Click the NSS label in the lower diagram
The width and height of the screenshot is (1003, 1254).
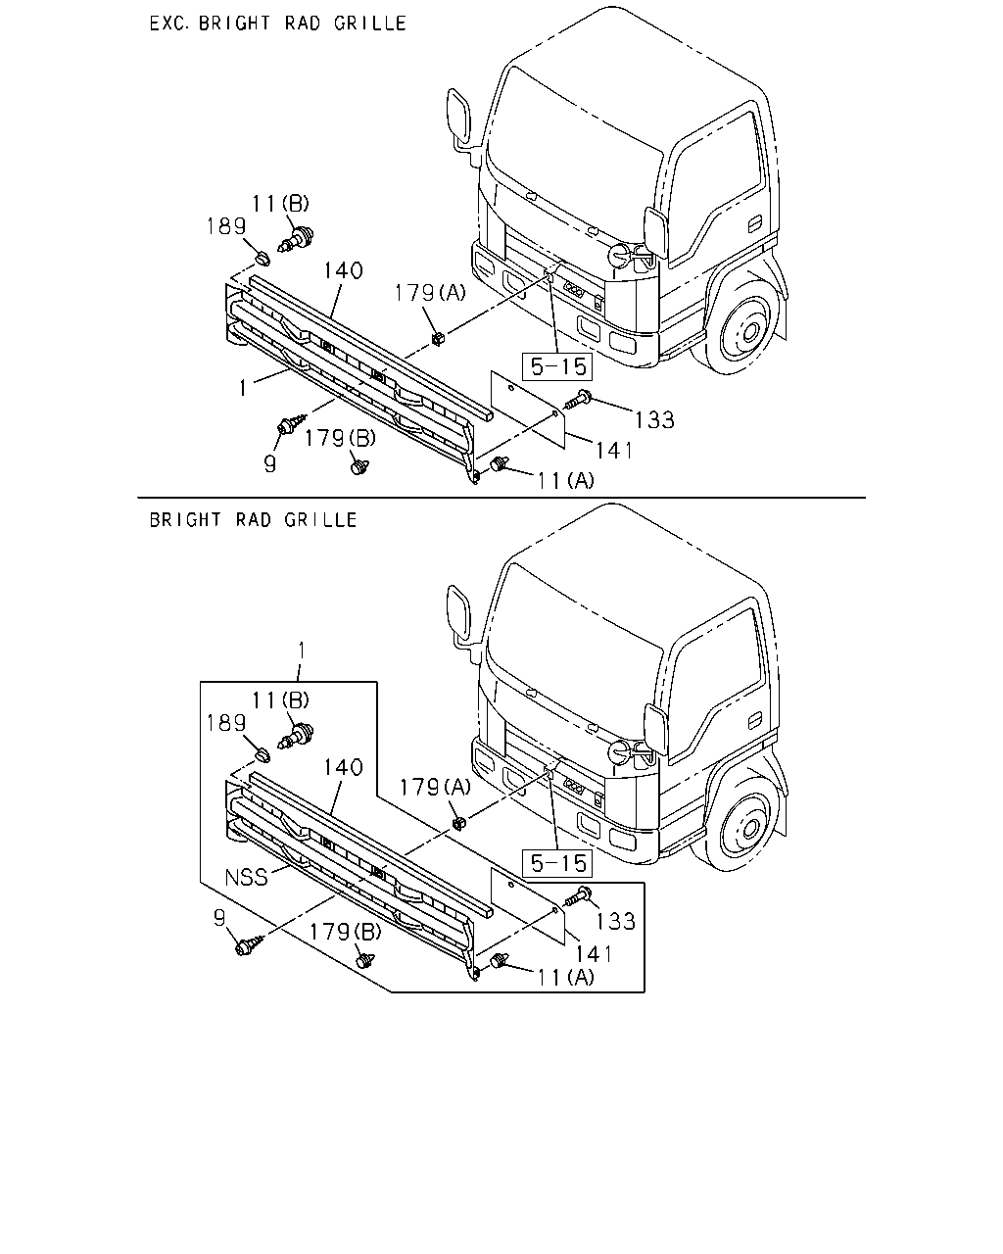(246, 877)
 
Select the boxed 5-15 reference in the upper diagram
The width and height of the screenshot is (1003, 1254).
(557, 366)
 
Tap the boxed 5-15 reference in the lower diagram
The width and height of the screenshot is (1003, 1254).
(557, 863)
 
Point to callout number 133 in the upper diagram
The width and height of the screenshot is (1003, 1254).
(654, 420)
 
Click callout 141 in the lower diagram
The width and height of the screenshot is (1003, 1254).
(595, 954)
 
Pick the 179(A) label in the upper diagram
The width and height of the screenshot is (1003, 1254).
(431, 293)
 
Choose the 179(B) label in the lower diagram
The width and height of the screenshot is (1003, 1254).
(345, 932)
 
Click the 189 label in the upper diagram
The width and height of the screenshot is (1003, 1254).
(226, 226)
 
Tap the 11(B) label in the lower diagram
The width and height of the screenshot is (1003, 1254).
(280, 699)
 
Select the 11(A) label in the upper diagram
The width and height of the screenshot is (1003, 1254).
(565, 481)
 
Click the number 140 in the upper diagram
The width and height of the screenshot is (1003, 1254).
(343, 270)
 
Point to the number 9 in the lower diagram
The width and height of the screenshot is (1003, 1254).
(219, 918)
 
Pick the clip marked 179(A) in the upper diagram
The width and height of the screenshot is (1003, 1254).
(438, 338)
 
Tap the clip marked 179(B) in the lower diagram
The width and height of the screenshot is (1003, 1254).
(364, 960)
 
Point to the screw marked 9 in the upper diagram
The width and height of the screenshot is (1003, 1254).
(292, 423)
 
